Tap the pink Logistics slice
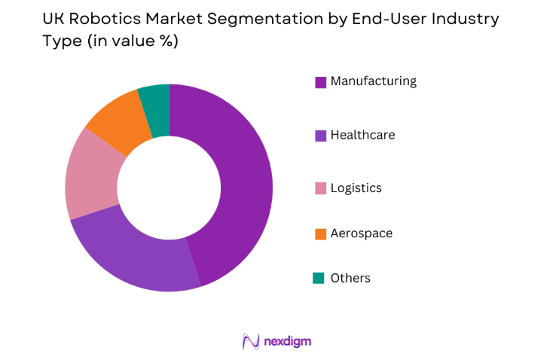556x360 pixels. (90, 177)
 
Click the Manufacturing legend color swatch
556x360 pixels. (319, 82)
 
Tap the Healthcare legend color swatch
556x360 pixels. (319, 136)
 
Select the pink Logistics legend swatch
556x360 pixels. (319, 188)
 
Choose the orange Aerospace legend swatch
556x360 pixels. (319, 233)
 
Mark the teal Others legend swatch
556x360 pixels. (319, 279)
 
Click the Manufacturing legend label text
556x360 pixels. (373, 81)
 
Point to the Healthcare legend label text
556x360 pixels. (362, 136)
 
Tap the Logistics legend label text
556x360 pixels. (356, 188)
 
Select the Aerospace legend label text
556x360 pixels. (361, 233)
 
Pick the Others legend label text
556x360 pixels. (350, 279)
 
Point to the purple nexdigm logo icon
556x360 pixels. (251, 341)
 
